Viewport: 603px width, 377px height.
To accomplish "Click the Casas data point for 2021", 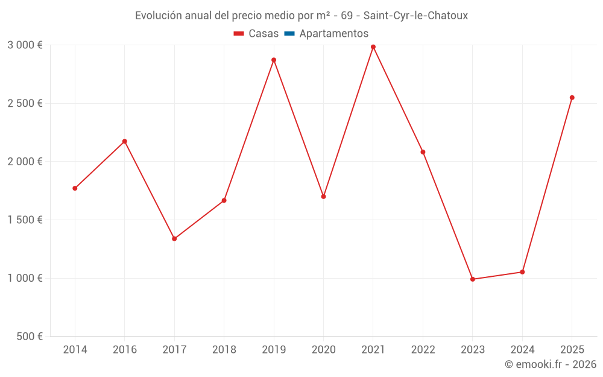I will pos(373,47).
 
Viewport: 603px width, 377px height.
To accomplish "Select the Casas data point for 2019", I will pos(274,60).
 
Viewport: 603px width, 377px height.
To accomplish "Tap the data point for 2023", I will pos(473,279).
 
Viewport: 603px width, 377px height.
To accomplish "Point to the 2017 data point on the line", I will pos(174,239).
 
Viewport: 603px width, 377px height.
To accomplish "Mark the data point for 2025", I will pos(572,98).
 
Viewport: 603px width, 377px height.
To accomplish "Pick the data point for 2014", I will pos(75,188).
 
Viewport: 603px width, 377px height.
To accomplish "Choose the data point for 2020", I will pos(323,197).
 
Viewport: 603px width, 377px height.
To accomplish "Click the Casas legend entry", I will pos(256,34).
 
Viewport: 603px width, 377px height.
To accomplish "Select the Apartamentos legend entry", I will pos(326,34).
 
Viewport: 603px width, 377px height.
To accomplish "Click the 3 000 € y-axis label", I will pos(25,45).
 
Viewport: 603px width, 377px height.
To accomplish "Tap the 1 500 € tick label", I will pos(25,220).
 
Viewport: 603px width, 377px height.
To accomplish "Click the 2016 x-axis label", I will pos(124,350).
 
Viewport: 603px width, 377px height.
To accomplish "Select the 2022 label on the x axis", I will pos(423,350).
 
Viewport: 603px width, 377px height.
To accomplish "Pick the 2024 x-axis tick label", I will pos(522,350).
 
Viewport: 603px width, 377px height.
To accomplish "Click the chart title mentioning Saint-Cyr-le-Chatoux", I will pos(301,16).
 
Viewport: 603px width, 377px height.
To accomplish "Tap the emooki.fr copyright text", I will pos(550,364).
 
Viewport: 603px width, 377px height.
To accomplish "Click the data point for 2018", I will pos(224,200).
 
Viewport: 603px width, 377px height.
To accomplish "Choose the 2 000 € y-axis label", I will pos(25,162).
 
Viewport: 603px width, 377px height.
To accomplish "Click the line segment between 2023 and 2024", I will pos(497,276).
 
